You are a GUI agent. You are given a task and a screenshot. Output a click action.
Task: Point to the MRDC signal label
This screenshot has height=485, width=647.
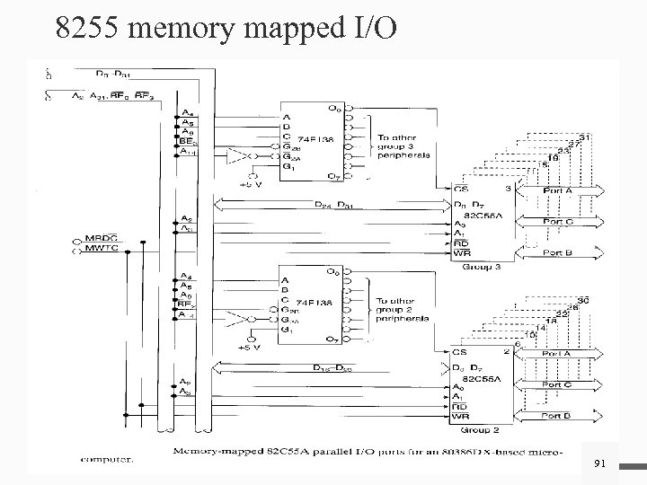pyautogui.click(x=102, y=237)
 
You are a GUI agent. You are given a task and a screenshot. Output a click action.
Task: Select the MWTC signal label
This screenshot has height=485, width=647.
pyautogui.click(x=102, y=247)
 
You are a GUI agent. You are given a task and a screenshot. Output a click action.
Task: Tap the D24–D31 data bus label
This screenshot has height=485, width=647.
pyautogui.click(x=334, y=204)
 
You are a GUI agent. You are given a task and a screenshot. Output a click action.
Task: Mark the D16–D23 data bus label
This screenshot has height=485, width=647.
pyautogui.click(x=332, y=368)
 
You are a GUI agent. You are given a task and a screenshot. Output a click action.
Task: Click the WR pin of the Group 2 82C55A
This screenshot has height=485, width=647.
pyautogui.click(x=461, y=416)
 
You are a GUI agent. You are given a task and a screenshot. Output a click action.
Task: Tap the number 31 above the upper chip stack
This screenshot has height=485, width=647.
pyautogui.click(x=583, y=137)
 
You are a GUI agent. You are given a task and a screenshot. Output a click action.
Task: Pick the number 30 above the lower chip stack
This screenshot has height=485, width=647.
pyautogui.click(x=583, y=300)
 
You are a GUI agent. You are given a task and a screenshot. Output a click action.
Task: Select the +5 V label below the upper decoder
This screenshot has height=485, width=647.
pyautogui.click(x=252, y=185)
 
